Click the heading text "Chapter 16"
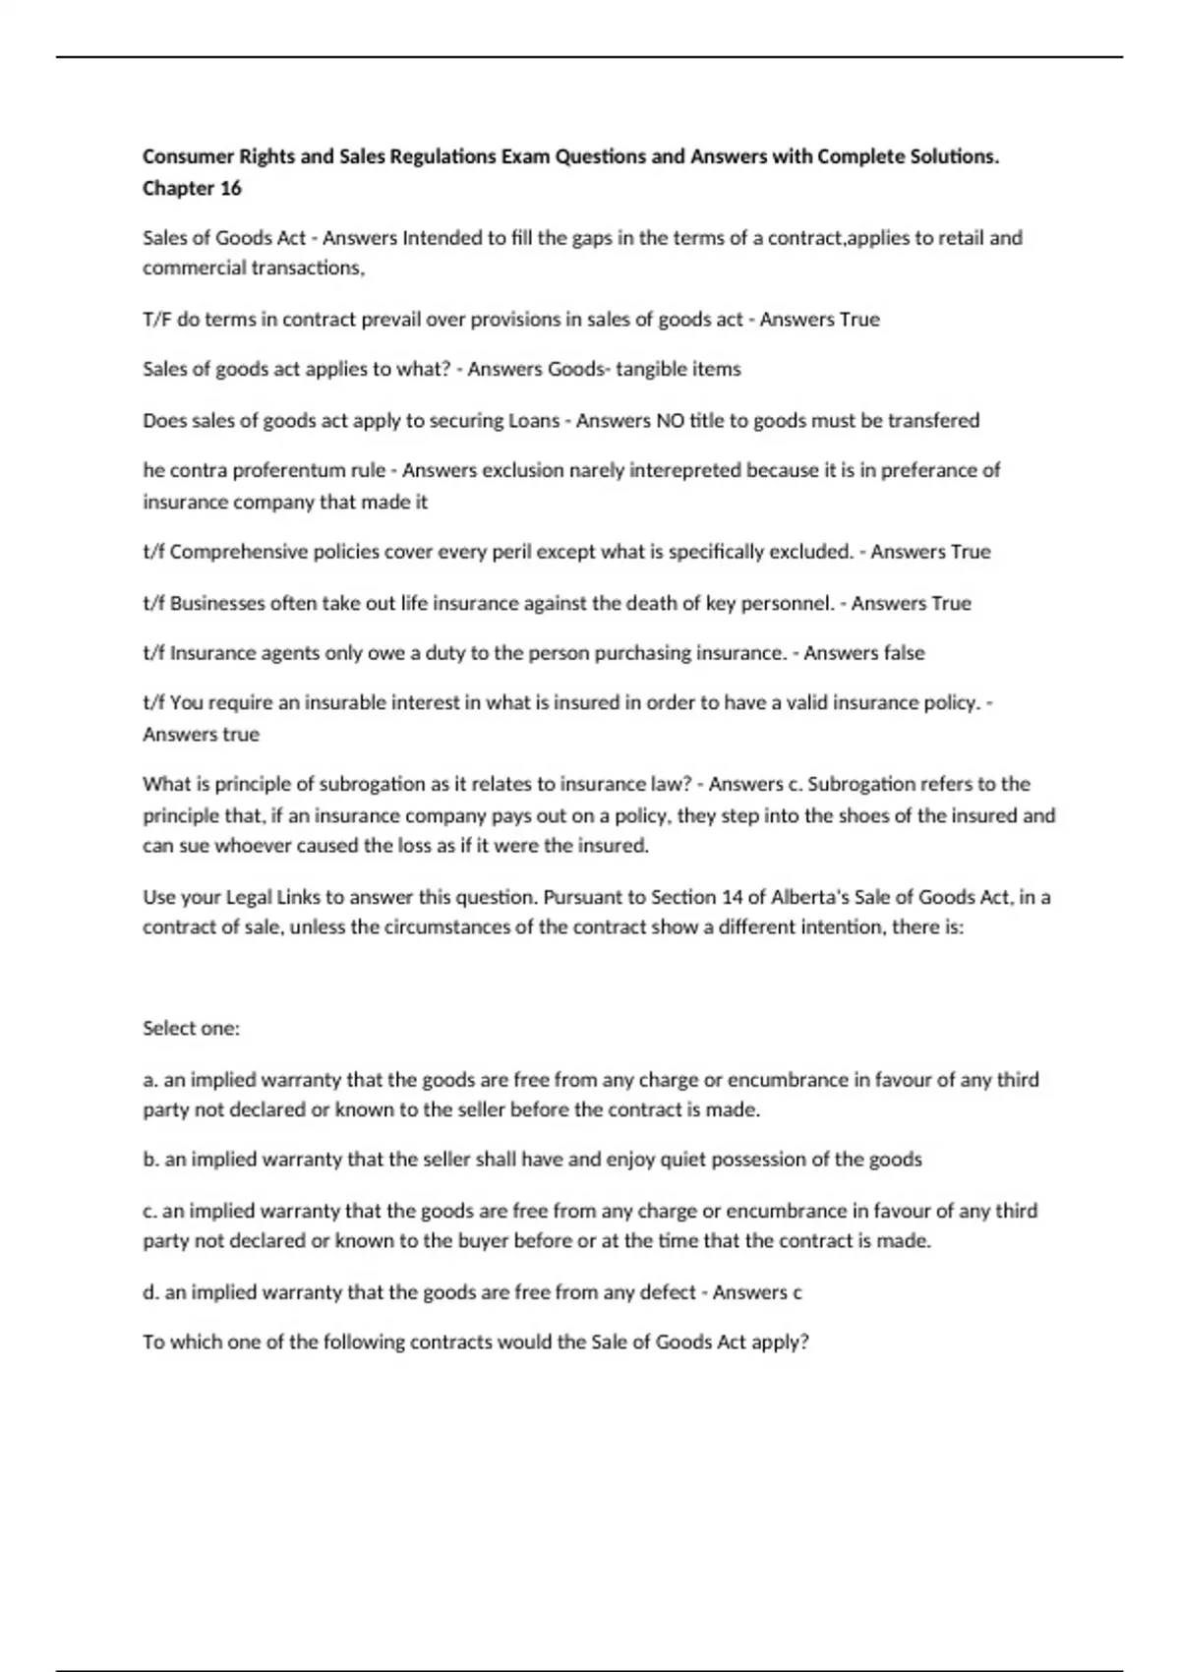click(x=192, y=188)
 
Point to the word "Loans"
click(x=533, y=420)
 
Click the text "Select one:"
click(x=191, y=1028)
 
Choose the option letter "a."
click(x=150, y=1080)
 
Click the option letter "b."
click(x=151, y=1160)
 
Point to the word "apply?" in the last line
click(x=780, y=1343)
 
